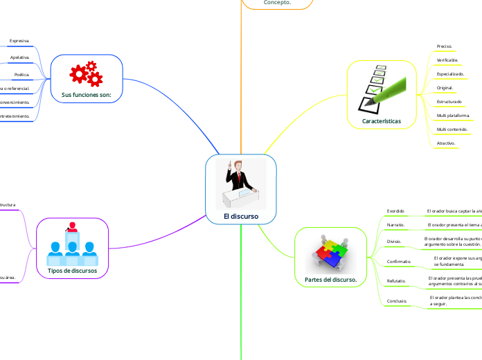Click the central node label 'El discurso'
tap(240, 216)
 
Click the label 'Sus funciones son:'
tap(87, 94)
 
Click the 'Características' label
tap(381, 120)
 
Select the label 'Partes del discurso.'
tap(330, 280)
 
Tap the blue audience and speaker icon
tap(72, 244)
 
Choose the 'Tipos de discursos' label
tap(72, 270)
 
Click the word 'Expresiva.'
tap(19, 41)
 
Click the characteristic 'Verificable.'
tap(447, 60)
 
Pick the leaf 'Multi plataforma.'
tap(454, 115)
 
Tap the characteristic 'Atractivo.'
tap(446, 143)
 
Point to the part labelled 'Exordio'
tap(395, 210)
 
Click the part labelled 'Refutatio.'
tap(396, 281)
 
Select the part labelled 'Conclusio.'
tap(397, 301)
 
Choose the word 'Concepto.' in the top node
tap(277, 3)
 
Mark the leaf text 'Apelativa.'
tap(19, 57)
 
